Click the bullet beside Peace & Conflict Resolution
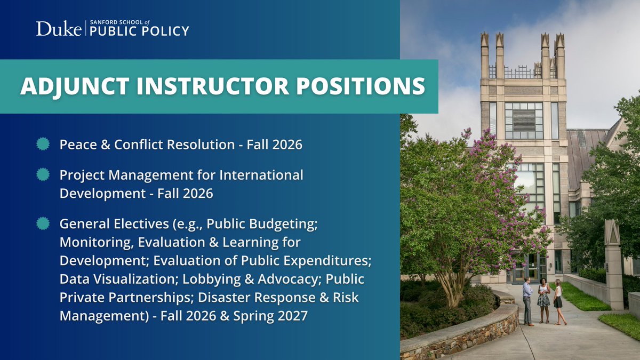pyautogui.click(x=44, y=145)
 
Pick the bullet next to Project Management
pyautogui.click(x=44, y=175)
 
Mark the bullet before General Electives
pyautogui.click(x=44, y=223)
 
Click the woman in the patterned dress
pyautogui.click(x=543, y=301)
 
